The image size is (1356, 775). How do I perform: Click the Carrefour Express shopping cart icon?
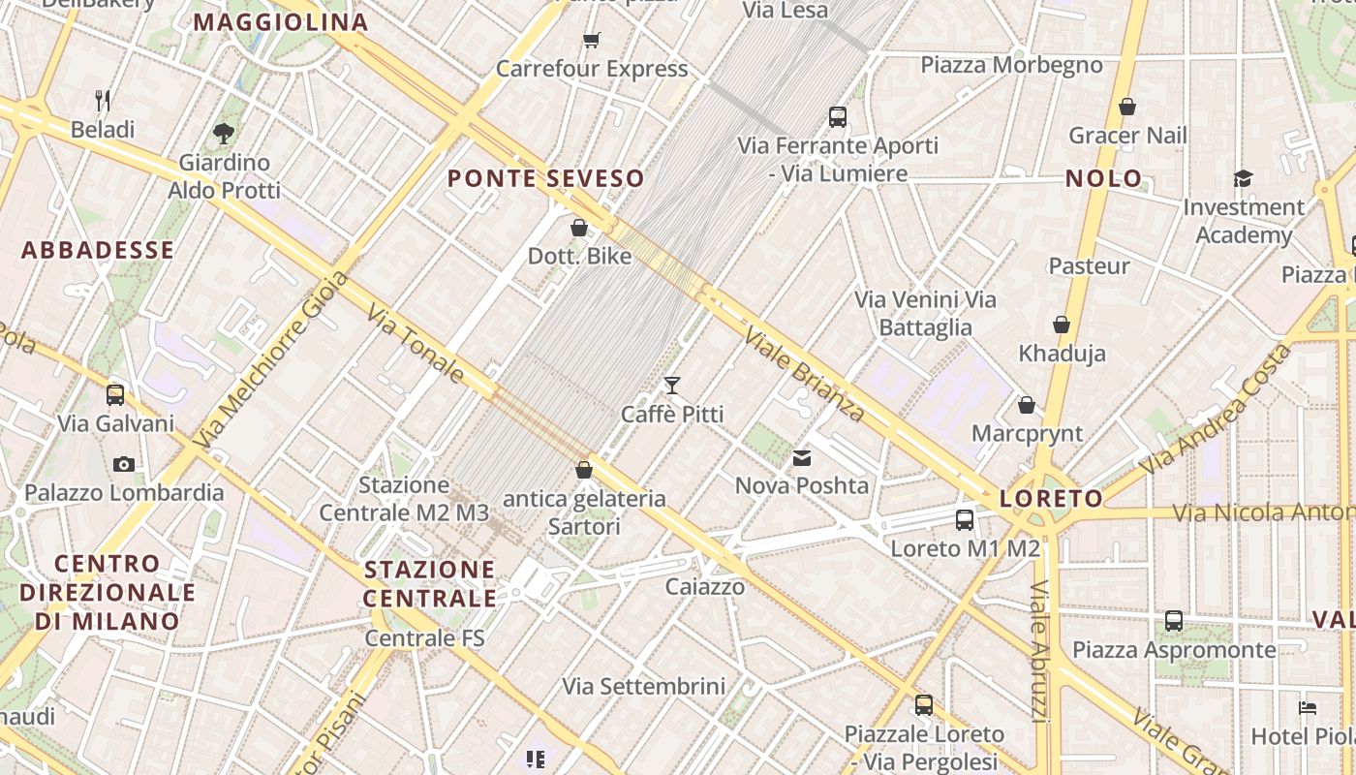pos(591,40)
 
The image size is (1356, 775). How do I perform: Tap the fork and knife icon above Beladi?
pos(103,100)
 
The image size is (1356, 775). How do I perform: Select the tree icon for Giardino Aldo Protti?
pos(224,133)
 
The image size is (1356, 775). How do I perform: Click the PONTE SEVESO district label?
pos(545,178)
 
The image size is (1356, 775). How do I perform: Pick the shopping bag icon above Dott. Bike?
pos(579,228)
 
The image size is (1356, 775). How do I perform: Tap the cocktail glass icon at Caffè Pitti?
pos(672,386)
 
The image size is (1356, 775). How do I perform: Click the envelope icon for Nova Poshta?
pos(802,457)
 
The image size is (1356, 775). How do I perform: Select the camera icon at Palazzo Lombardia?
pos(123,464)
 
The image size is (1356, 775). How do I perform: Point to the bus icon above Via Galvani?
pos(115,394)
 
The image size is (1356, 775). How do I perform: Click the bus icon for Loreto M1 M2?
pos(965,519)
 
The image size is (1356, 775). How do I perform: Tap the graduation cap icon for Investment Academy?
pos(1243,178)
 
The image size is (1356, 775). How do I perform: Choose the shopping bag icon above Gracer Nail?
pos(1126,107)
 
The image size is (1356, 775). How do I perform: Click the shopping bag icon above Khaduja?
pos(1062,325)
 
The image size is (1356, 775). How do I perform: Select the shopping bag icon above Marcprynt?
pos(1027,404)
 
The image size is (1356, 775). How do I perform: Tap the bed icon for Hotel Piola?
pos(1308,708)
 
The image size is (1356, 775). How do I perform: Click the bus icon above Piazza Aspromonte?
pos(1174,620)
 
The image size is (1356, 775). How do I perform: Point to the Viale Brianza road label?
pos(803,373)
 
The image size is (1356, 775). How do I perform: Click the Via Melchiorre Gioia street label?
pos(270,359)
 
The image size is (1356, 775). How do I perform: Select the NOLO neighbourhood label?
pos(1103,178)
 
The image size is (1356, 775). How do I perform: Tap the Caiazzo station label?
pos(705,586)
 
